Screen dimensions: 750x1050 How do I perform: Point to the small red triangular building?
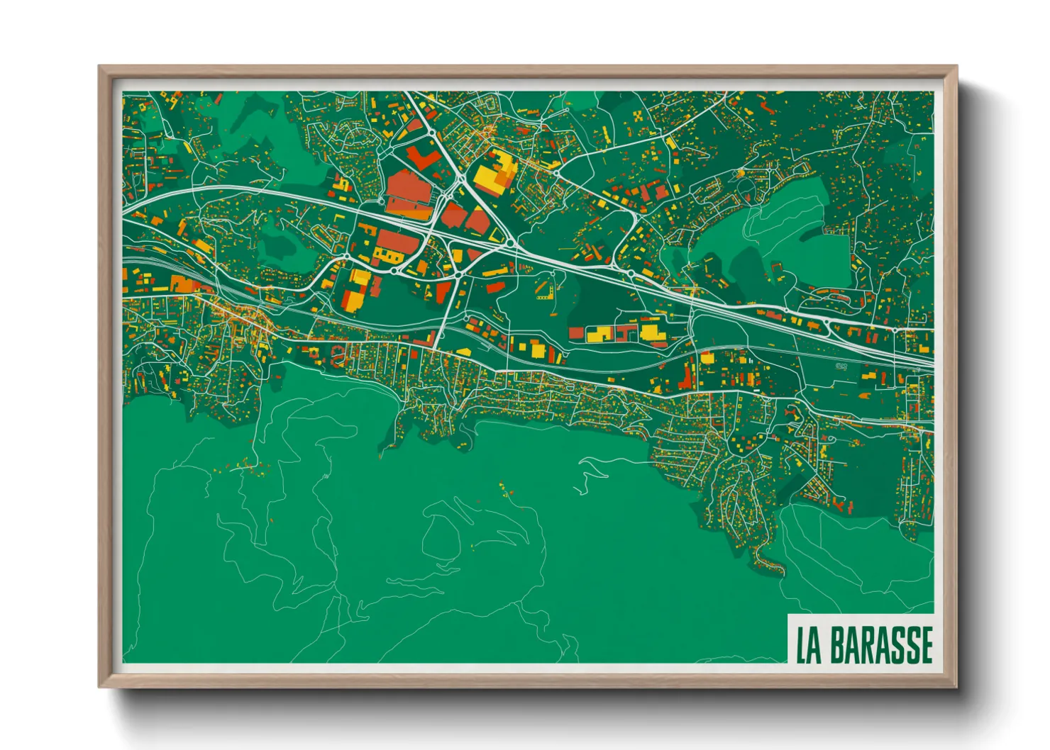tap(444, 291)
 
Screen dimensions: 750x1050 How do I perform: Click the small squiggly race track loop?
tap(842, 366)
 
